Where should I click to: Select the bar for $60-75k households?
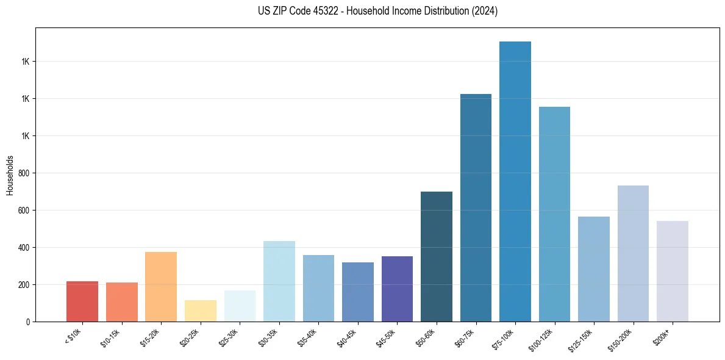click(476, 207)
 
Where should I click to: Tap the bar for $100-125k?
click(554, 214)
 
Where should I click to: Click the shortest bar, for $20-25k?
click(200, 311)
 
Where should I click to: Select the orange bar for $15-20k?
click(161, 287)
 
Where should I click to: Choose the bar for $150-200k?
click(633, 253)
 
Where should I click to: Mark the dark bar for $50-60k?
click(437, 256)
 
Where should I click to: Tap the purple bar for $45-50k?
click(397, 289)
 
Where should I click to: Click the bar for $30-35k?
click(279, 281)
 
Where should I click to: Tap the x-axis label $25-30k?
click(229, 337)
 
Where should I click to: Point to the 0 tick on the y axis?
click(28, 322)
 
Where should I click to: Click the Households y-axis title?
click(10, 175)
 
